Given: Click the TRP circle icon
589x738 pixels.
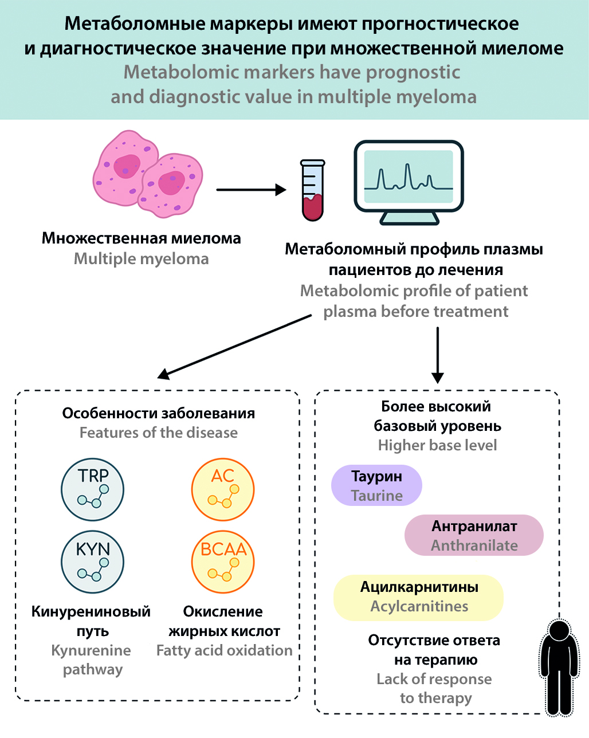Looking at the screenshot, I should pyautogui.click(x=93, y=489).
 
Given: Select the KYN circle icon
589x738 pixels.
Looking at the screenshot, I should pyautogui.click(x=93, y=562).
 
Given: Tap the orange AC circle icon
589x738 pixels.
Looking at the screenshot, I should pyautogui.click(x=223, y=489).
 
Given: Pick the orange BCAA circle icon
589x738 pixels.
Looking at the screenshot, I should pyautogui.click(x=223, y=562).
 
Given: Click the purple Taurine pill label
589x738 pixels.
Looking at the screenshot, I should pyautogui.click(x=376, y=485).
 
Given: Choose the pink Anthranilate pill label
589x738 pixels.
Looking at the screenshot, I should pyautogui.click(x=474, y=535).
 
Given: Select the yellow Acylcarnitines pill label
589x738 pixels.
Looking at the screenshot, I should pyautogui.click(x=419, y=597).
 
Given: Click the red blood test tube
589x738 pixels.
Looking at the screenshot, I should pyautogui.click(x=313, y=191).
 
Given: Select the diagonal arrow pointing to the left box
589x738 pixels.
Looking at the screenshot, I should pyautogui.click(x=235, y=346).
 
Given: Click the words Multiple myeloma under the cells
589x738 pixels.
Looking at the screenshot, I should pyautogui.click(x=141, y=259).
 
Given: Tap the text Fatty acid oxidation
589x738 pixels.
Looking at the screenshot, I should pyautogui.click(x=224, y=651).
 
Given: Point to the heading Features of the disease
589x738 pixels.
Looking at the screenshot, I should pyautogui.click(x=158, y=433).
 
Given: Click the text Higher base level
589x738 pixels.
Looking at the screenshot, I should pyautogui.click(x=437, y=445).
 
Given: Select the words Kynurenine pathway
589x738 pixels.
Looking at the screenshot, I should pyautogui.click(x=92, y=660).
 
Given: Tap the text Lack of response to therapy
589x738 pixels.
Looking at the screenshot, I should pyautogui.click(x=435, y=689).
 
